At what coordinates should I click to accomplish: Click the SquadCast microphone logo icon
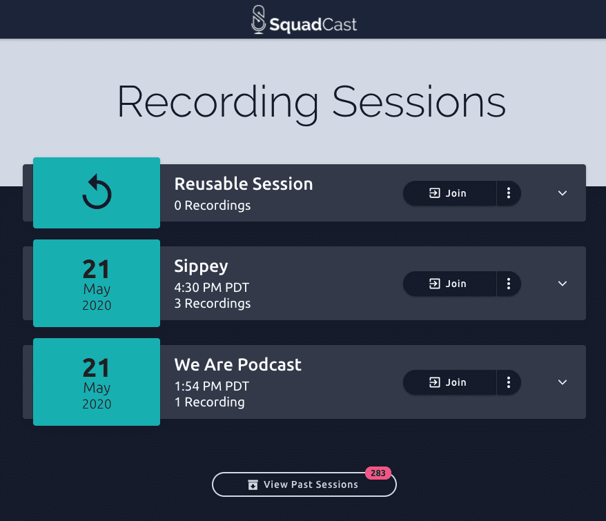(x=259, y=19)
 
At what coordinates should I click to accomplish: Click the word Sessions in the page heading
(x=419, y=102)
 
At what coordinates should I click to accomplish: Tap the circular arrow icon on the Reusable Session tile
(x=97, y=192)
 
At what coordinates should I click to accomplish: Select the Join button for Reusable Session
(x=449, y=193)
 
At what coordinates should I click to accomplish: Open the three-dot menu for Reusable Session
(x=509, y=193)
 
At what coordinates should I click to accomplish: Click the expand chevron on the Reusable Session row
(x=563, y=193)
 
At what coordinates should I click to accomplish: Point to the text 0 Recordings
(x=212, y=205)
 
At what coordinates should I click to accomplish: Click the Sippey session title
(x=201, y=266)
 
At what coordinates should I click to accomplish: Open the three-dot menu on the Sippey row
(x=509, y=284)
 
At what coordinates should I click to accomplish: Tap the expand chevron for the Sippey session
(x=563, y=284)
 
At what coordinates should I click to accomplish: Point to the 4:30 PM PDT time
(x=211, y=288)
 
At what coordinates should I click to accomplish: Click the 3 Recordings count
(x=212, y=304)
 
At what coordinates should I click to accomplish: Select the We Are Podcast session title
(x=237, y=364)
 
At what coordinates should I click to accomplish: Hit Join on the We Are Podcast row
(x=449, y=382)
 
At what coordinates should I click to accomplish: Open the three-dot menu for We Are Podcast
(x=509, y=382)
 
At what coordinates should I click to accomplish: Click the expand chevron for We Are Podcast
(x=563, y=382)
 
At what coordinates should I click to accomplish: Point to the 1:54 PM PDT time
(x=211, y=386)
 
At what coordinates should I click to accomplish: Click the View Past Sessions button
(x=304, y=484)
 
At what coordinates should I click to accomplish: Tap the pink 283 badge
(x=378, y=473)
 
